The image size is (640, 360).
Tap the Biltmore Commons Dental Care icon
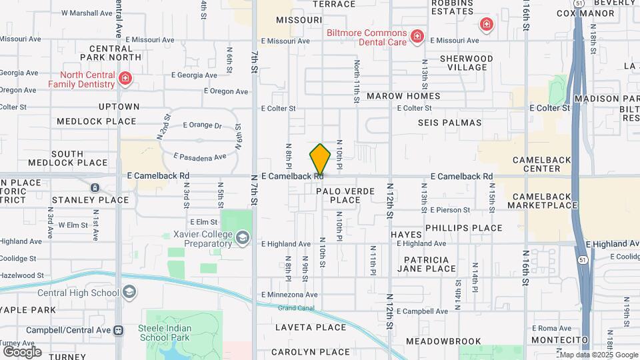coord(417,36)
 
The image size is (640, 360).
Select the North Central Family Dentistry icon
coord(125,80)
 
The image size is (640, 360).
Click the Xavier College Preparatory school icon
coord(243,238)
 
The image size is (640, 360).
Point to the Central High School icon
coord(129,292)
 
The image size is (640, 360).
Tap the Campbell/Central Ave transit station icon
coord(118,330)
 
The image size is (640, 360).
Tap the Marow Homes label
coord(403,96)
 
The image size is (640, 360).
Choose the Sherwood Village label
coord(467,63)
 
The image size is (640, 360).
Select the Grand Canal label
coord(295,307)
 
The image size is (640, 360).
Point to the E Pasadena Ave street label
coord(200,157)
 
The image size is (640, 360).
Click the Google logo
coord(22,351)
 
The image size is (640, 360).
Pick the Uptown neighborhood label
coord(119,107)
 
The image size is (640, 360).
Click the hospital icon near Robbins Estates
coord(487,25)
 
